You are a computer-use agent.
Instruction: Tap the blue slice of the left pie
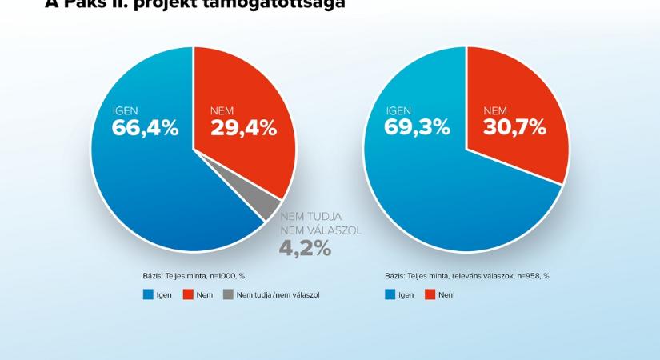point(144,184)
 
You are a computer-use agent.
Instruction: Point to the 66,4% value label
point(146,127)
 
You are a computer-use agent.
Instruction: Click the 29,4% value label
point(243,127)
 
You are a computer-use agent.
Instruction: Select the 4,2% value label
point(304,248)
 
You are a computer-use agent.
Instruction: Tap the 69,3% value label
point(417,127)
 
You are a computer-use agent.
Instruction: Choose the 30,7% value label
point(514,127)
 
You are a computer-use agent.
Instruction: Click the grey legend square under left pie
point(228,295)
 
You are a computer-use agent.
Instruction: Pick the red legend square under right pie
point(430,295)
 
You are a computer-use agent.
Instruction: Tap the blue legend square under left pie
point(148,295)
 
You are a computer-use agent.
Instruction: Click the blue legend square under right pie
point(390,295)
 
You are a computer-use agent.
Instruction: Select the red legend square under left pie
point(189,295)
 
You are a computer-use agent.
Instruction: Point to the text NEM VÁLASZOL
point(320,230)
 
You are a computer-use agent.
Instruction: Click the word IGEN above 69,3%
point(398,111)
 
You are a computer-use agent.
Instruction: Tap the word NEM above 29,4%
point(222,111)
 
